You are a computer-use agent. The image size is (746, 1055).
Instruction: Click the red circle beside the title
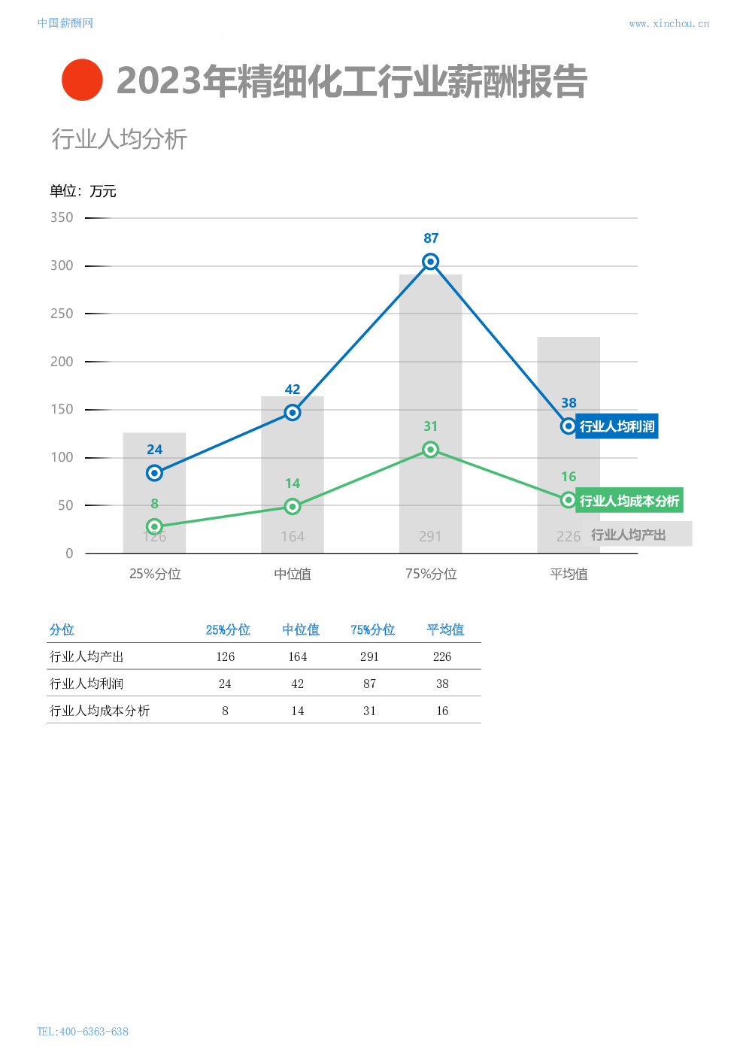(x=82, y=80)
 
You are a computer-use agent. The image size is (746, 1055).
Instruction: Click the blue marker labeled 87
(x=430, y=262)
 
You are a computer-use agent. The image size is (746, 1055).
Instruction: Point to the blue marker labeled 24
(x=154, y=473)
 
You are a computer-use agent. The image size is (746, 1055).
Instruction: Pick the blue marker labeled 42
(x=293, y=412)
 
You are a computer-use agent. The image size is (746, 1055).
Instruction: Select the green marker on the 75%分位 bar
(x=430, y=450)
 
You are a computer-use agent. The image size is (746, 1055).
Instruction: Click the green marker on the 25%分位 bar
(x=154, y=526)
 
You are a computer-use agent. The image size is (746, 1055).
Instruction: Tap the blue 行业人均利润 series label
(x=617, y=426)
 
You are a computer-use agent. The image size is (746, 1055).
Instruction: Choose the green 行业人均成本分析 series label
(x=629, y=501)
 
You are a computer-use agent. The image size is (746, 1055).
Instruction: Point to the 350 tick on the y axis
(x=62, y=218)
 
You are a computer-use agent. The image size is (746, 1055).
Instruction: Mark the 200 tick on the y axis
(x=62, y=362)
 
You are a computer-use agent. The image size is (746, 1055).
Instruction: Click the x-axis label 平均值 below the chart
(x=569, y=574)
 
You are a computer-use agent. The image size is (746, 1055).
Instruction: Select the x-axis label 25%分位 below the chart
(x=155, y=574)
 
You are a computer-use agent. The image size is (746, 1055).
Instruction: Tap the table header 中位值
(x=301, y=630)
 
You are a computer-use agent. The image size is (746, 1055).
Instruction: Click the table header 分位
(x=62, y=630)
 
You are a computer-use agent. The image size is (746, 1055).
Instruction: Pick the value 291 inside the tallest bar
(x=430, y=536)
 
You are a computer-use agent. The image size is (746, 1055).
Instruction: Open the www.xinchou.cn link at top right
(x=669, y=24)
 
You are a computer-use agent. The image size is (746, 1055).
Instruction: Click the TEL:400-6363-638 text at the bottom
(x=83, y=1031)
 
